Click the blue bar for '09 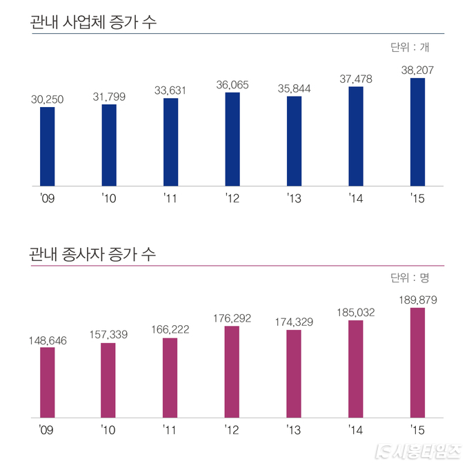click(x=47, y=146)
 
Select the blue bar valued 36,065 click(x=232, y=139)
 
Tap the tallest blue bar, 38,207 click(x=417, y=132)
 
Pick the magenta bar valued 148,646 click(x=47, y=382)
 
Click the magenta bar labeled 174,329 click(x=294, y=373)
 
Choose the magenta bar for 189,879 click(x=417, y=362)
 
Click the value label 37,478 click(x=356, y=79)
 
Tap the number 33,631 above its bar click(x=170, y=90)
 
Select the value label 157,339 click(x=109, y=334)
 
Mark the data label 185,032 click(x=356, y=312)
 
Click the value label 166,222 click(x=170, y=329)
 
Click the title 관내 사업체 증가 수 click(x=93, y=21)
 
